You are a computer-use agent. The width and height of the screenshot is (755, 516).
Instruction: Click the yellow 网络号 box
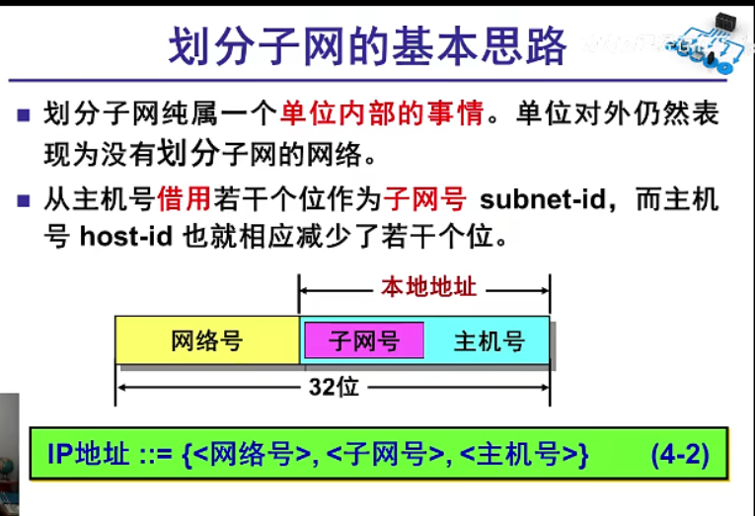coord(206,341)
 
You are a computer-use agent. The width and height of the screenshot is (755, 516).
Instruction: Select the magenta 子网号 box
coord(364,341)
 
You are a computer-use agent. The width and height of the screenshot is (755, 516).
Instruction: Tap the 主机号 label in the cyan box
coord(489,341)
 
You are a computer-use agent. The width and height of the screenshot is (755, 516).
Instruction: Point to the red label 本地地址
coord(428,288)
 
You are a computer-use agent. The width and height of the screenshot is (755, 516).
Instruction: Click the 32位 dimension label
coord(333,388)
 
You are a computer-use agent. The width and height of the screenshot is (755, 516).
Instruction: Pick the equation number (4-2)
coord(680,455)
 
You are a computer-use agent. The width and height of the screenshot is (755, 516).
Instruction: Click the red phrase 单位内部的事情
coord(382,113)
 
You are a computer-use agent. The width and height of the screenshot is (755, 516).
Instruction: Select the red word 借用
coord(185,199)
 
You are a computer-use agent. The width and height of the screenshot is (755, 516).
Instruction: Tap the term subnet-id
coord(541,199)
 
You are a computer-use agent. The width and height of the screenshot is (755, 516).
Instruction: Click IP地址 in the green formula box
coord(89,455)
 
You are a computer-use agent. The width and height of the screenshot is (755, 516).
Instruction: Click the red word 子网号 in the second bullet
coord(425,199)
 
